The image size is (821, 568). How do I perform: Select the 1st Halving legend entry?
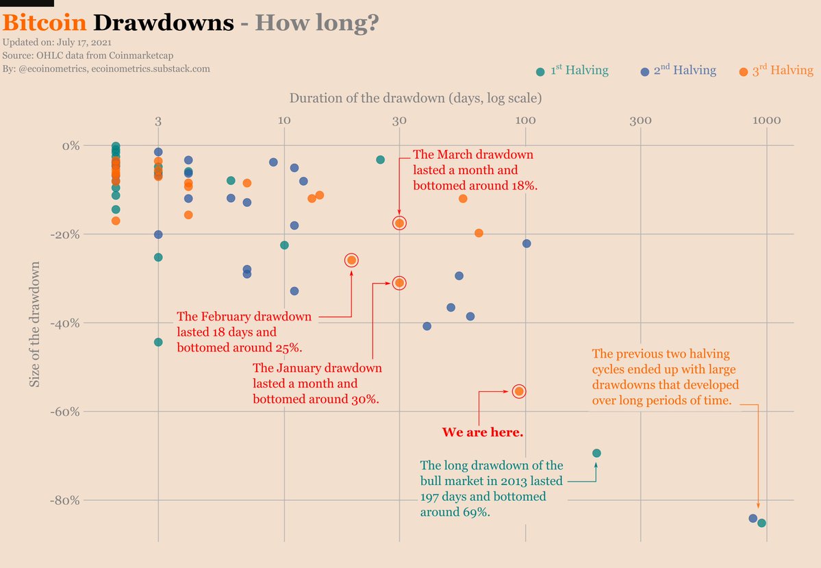point(572,71)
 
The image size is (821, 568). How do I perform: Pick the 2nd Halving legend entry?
point(679,71)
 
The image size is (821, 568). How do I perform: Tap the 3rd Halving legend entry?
point(776,71)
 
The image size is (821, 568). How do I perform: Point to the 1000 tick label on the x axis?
point(766,121)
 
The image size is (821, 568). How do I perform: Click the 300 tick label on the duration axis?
point(640,121)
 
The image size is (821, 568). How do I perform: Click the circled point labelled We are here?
point(519,391)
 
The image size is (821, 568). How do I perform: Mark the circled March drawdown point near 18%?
point(399,223)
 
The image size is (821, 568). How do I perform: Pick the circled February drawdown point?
point(351,260)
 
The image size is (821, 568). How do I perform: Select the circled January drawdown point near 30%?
point(399,283)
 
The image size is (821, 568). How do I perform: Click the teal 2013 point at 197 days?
point(596,453)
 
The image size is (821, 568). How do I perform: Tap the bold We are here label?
point(483,432)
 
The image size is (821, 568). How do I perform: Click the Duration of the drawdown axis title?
point(416,99)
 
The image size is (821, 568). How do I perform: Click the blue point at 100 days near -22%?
point(527,243)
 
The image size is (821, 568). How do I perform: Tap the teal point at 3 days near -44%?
point(158,342)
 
